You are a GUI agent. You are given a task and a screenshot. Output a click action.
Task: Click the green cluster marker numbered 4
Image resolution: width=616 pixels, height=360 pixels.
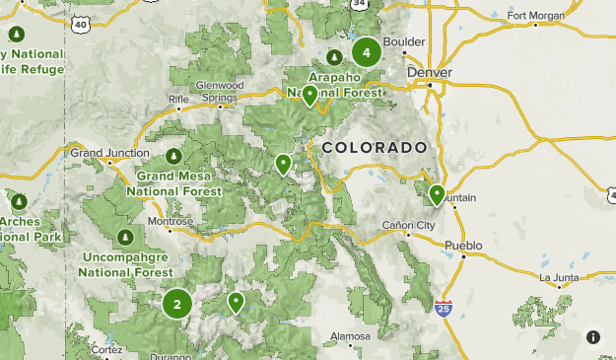tap(367, 52)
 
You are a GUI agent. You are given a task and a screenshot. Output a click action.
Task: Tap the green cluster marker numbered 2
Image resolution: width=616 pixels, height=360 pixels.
tap(177, 304)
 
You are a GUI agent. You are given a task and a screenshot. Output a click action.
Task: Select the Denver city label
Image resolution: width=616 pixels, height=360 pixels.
tap(429, 73)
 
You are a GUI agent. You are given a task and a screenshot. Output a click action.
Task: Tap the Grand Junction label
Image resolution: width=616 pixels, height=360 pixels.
tap(109, 153)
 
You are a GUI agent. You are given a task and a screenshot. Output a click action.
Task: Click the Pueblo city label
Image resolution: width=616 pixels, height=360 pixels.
tap(463, 245)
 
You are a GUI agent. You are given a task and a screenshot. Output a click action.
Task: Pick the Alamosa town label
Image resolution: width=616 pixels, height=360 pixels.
tap(350, 336)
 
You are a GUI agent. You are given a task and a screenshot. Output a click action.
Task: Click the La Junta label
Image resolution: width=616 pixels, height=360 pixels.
tap(559, 277)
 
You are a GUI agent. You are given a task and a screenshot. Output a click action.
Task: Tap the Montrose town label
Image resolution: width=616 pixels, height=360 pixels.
tap(169, 222)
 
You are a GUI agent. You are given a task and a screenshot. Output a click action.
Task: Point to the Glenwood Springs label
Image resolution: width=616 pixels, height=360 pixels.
tap(218, 92)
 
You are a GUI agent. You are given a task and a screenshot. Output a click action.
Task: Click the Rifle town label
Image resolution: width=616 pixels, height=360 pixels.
tap(178, 100)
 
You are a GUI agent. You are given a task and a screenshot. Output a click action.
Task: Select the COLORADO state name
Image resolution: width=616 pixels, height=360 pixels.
tap(374, 147)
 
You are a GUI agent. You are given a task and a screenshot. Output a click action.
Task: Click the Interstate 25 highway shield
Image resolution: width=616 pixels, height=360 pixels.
tap(444, 309)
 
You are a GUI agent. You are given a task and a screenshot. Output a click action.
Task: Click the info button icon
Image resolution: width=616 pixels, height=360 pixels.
tap(592, 337)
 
